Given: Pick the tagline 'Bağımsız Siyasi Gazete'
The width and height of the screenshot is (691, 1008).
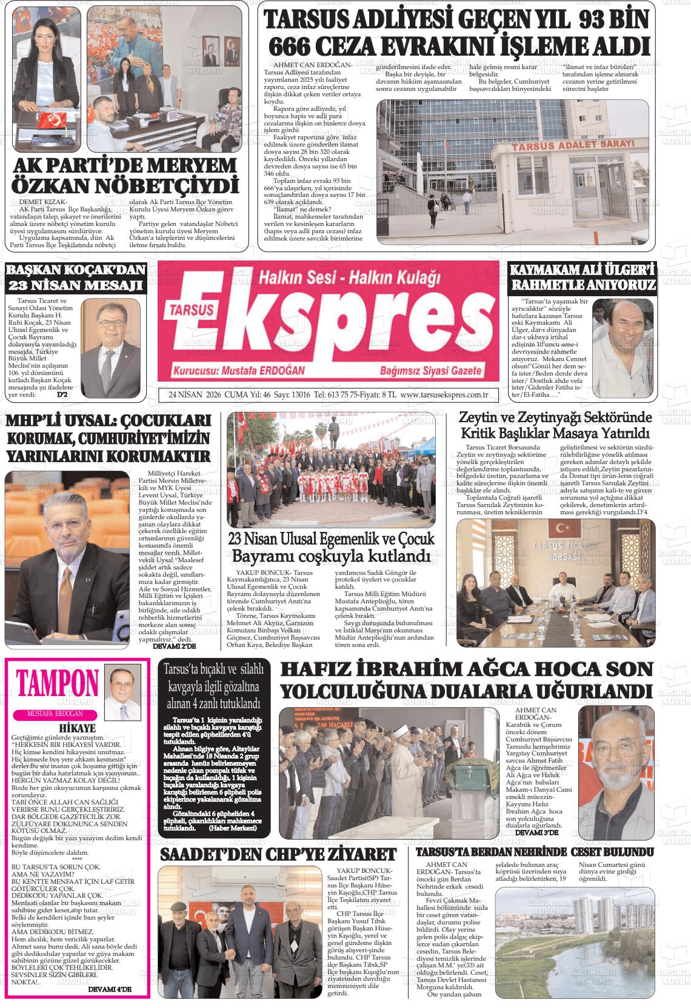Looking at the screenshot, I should [430, 371].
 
